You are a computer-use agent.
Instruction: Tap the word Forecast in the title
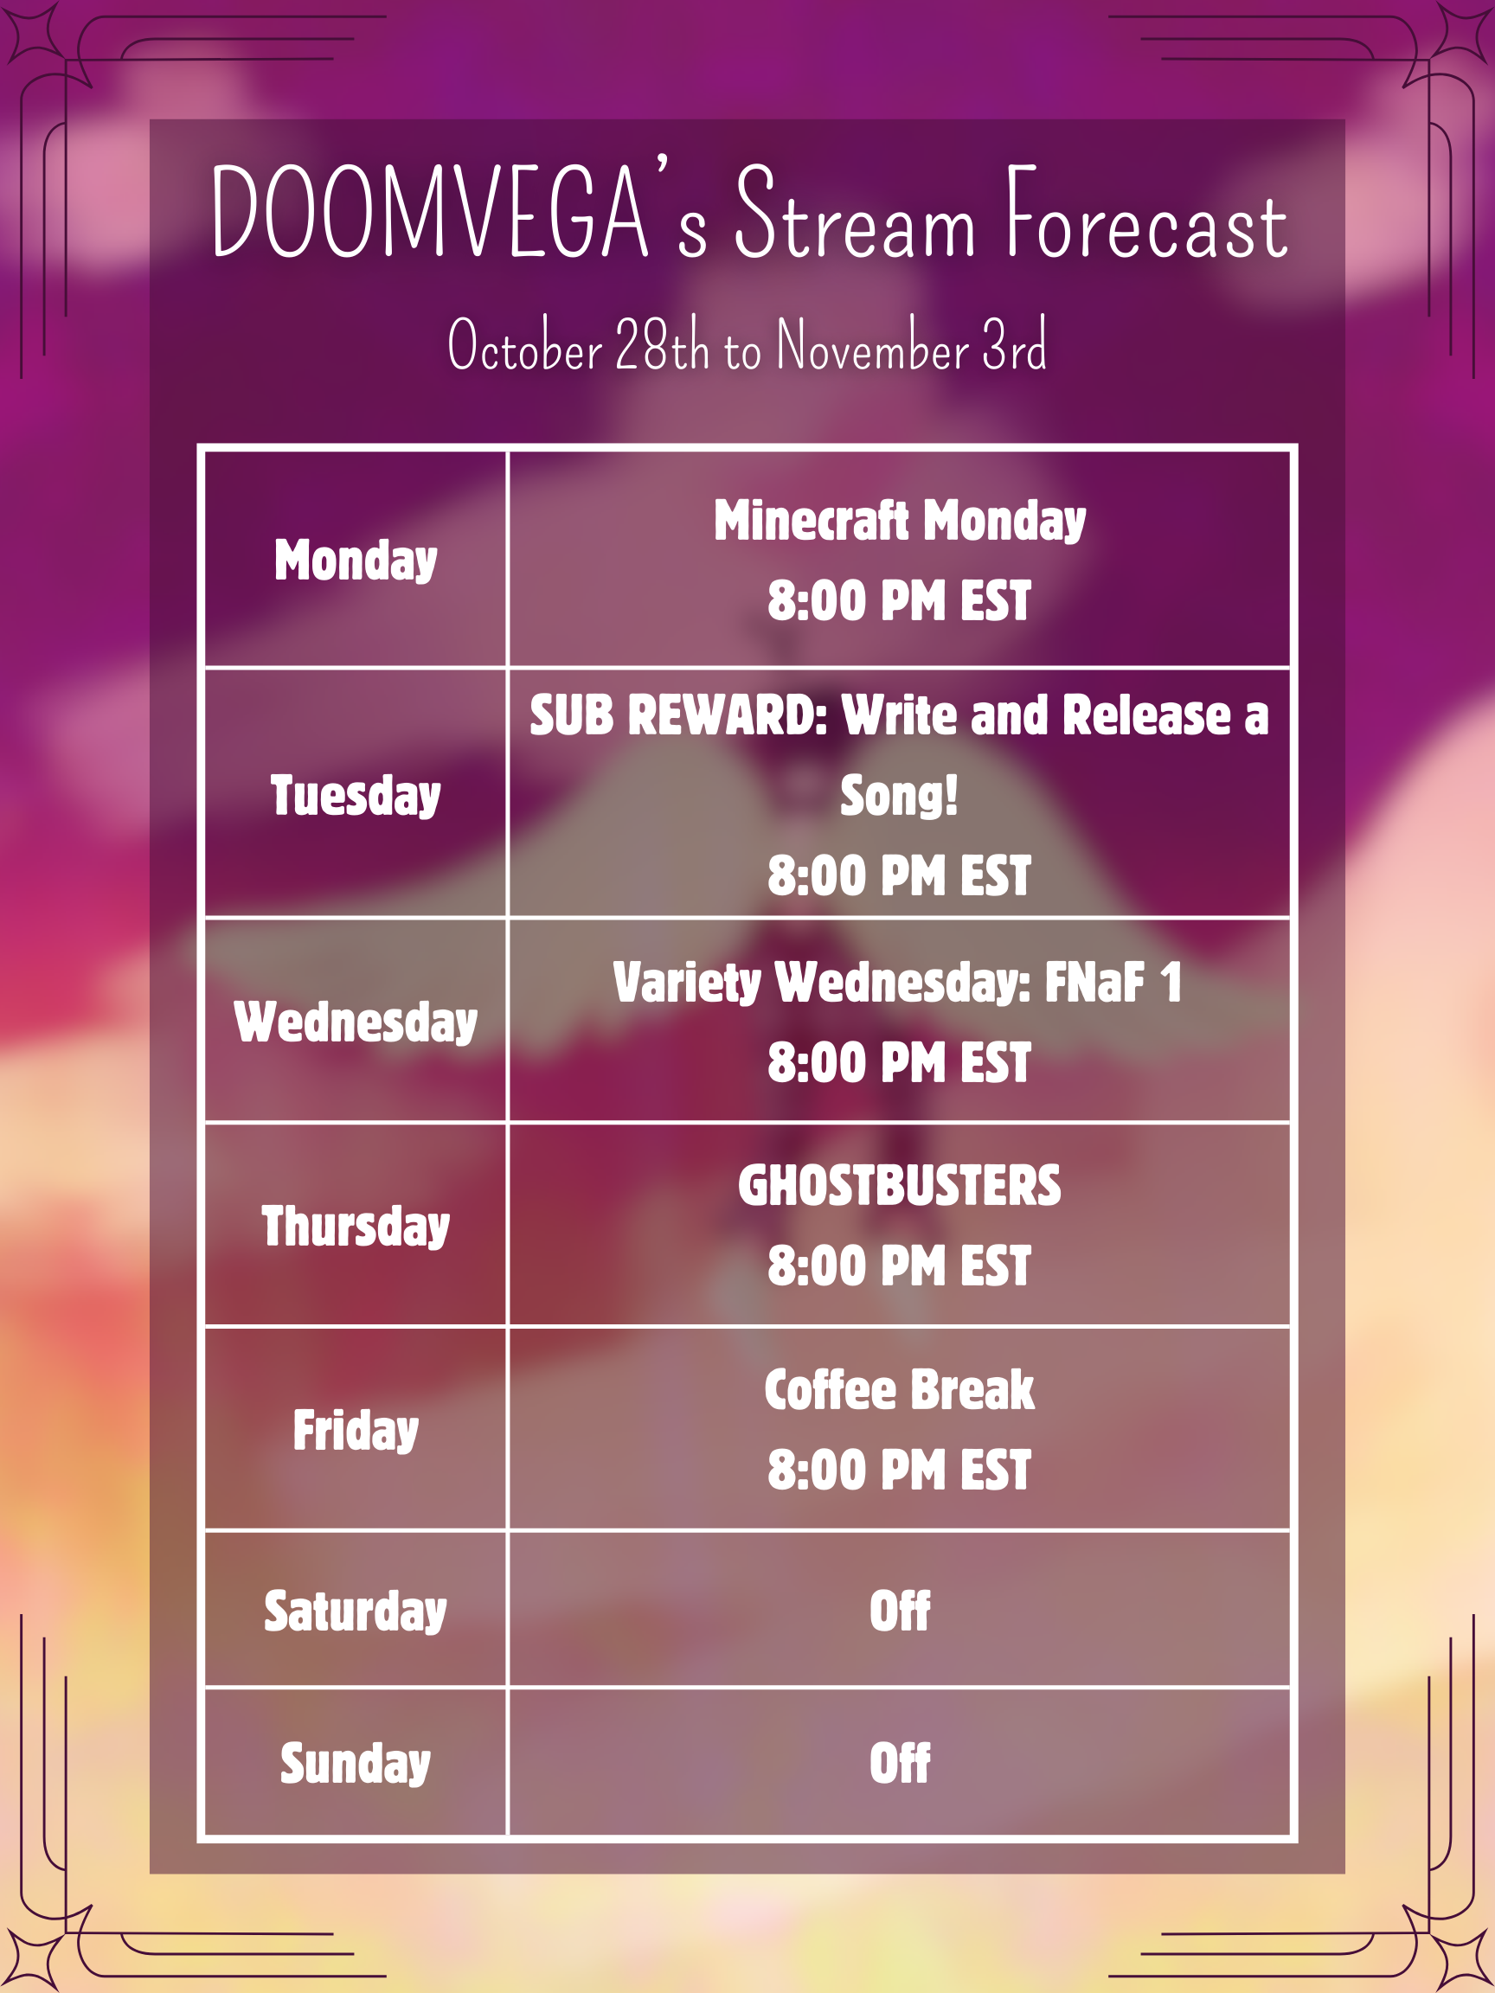point(1147,213)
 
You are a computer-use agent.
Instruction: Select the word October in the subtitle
point(525,344)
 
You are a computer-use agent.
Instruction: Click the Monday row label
point(356,561)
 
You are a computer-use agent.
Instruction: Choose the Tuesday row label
point(356,797)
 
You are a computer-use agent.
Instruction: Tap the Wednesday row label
point(356,1022)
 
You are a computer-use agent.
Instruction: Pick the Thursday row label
point(356,1227)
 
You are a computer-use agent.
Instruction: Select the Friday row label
point(356,1430)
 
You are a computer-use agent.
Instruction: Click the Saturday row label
point(356,1611)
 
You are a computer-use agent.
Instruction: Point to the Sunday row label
point(356,1763)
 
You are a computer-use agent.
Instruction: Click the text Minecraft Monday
point(900,521)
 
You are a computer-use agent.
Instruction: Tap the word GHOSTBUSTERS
point(900,1186)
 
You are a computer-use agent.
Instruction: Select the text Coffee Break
point(900,1389)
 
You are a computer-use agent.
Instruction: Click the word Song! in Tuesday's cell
point(900,796)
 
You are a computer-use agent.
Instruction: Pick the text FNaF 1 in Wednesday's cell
point(1113,982)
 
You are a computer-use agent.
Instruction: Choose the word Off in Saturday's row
point(900,1611)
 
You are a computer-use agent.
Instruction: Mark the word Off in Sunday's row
point(900,1763)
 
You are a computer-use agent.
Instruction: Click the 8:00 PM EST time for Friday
point(900,1471)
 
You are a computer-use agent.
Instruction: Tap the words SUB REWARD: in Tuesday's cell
point(678,715)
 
